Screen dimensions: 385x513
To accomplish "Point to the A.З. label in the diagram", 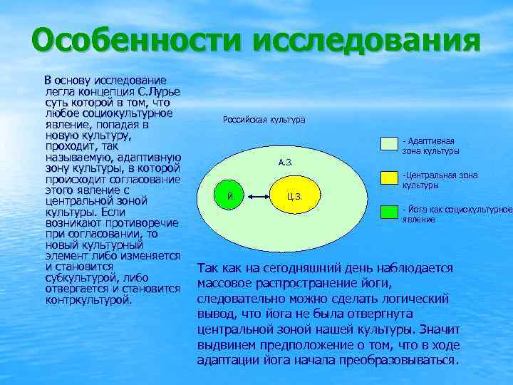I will (x=285, y=163).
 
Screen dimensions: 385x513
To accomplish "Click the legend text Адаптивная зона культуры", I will (x=430, y=146).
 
